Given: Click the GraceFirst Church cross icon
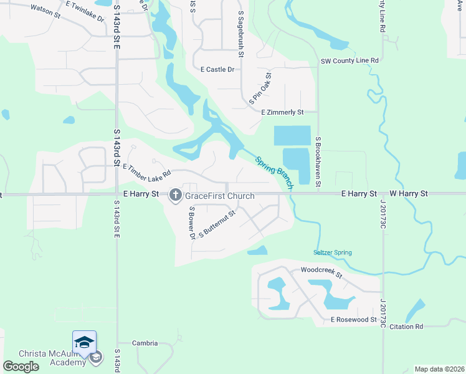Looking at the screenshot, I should (x=175, y=195).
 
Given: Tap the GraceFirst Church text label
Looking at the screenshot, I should (x=220, y=196).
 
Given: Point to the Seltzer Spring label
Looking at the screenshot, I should (x=332, y=252).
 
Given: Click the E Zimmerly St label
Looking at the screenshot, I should (x=282, y=112).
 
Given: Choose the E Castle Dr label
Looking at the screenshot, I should (x=217, y=70).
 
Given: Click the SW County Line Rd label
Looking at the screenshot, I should (x=349, y=60).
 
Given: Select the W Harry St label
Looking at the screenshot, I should (x=409, y=194).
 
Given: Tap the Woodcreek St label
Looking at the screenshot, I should (x=321, y=272).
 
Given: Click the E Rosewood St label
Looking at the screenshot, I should (x=354, y=320).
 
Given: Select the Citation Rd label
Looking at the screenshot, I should (x=406, y=326).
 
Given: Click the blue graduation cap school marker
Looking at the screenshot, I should (x=84, y=342).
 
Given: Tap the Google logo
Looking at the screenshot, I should (x=21, y=367).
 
